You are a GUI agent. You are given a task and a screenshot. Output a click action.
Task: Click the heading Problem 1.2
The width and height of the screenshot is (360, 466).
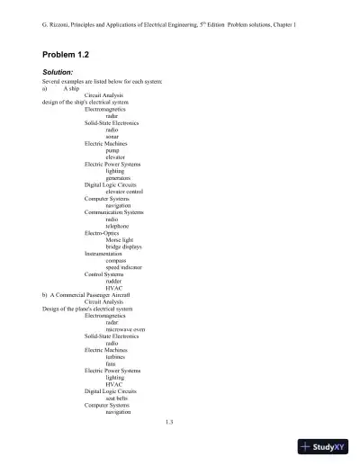(x=68, y=55)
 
